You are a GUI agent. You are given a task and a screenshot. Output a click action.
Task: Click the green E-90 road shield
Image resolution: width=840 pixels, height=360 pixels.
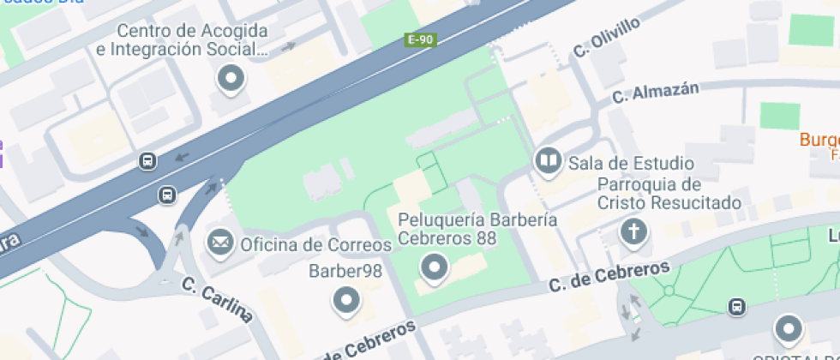pos(420,39)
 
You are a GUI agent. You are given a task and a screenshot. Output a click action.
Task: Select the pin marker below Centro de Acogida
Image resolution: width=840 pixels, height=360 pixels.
pos(231,80)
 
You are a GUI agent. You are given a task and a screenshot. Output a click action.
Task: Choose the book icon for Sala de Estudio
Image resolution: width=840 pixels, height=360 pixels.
pos(548,160)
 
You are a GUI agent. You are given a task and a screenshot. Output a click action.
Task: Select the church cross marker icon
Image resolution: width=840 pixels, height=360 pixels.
pos(633,231)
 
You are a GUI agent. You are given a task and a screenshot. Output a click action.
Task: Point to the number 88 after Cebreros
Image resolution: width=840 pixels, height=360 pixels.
pos(486,239)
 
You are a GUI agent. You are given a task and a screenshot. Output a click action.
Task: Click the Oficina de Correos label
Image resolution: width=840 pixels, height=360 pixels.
pos(316,244)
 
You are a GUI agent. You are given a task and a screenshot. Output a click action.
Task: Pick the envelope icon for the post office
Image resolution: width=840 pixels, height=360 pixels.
pos(220,243)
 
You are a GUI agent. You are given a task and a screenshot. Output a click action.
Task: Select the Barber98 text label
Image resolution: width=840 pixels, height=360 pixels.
pos(345,271)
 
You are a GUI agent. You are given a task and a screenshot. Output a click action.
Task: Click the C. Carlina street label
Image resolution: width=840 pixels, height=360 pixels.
pos(218,300)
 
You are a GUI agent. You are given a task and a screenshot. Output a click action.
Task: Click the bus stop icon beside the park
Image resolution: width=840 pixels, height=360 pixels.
pos(736,306)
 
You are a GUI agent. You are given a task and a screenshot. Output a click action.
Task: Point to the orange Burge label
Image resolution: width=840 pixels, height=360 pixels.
pos(819,140)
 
